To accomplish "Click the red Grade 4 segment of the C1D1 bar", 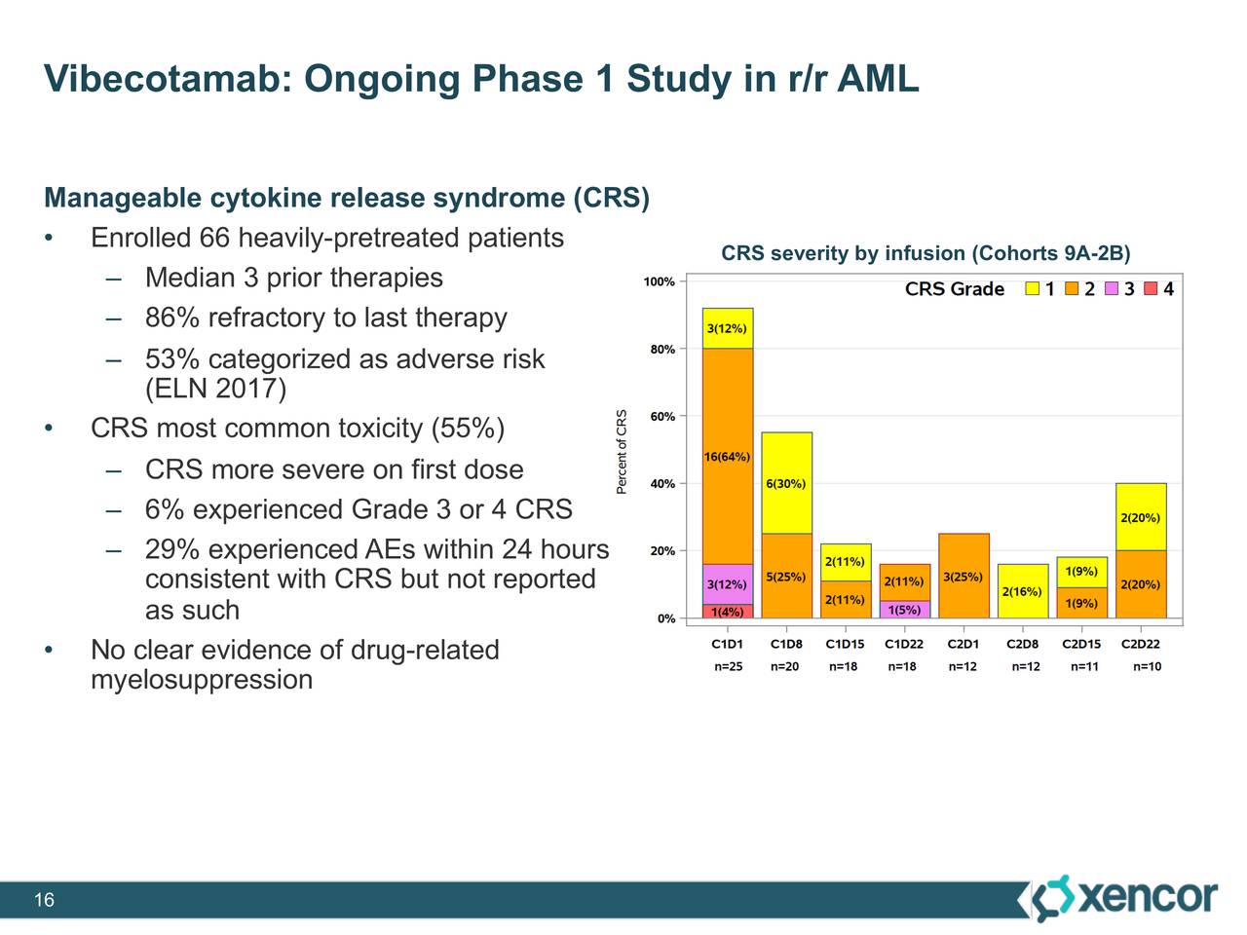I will click(x=727, y=612).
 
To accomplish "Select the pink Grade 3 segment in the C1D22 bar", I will click(x=904, y=610).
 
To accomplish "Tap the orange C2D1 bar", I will click(x=964, y=576).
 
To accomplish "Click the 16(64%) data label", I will click(x=727, y=457).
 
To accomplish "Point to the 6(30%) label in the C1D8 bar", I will click(x=786, y=484).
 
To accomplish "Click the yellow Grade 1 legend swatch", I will click(x=1033, y=289).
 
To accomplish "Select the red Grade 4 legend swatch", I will click(x=1151, y=289).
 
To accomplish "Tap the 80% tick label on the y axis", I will click(x=662, y=349).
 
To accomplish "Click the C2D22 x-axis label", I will click(x=1140, y=644).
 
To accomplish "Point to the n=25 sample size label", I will click(x=728, y=667).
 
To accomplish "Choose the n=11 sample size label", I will click(x=1083, y=667).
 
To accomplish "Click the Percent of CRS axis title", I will click(x=623, y=451).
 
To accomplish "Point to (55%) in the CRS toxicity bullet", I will click(x=467, y=430).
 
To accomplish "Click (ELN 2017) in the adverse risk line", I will click(x=215, y=390).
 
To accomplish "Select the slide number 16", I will click(x=44, y=900).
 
